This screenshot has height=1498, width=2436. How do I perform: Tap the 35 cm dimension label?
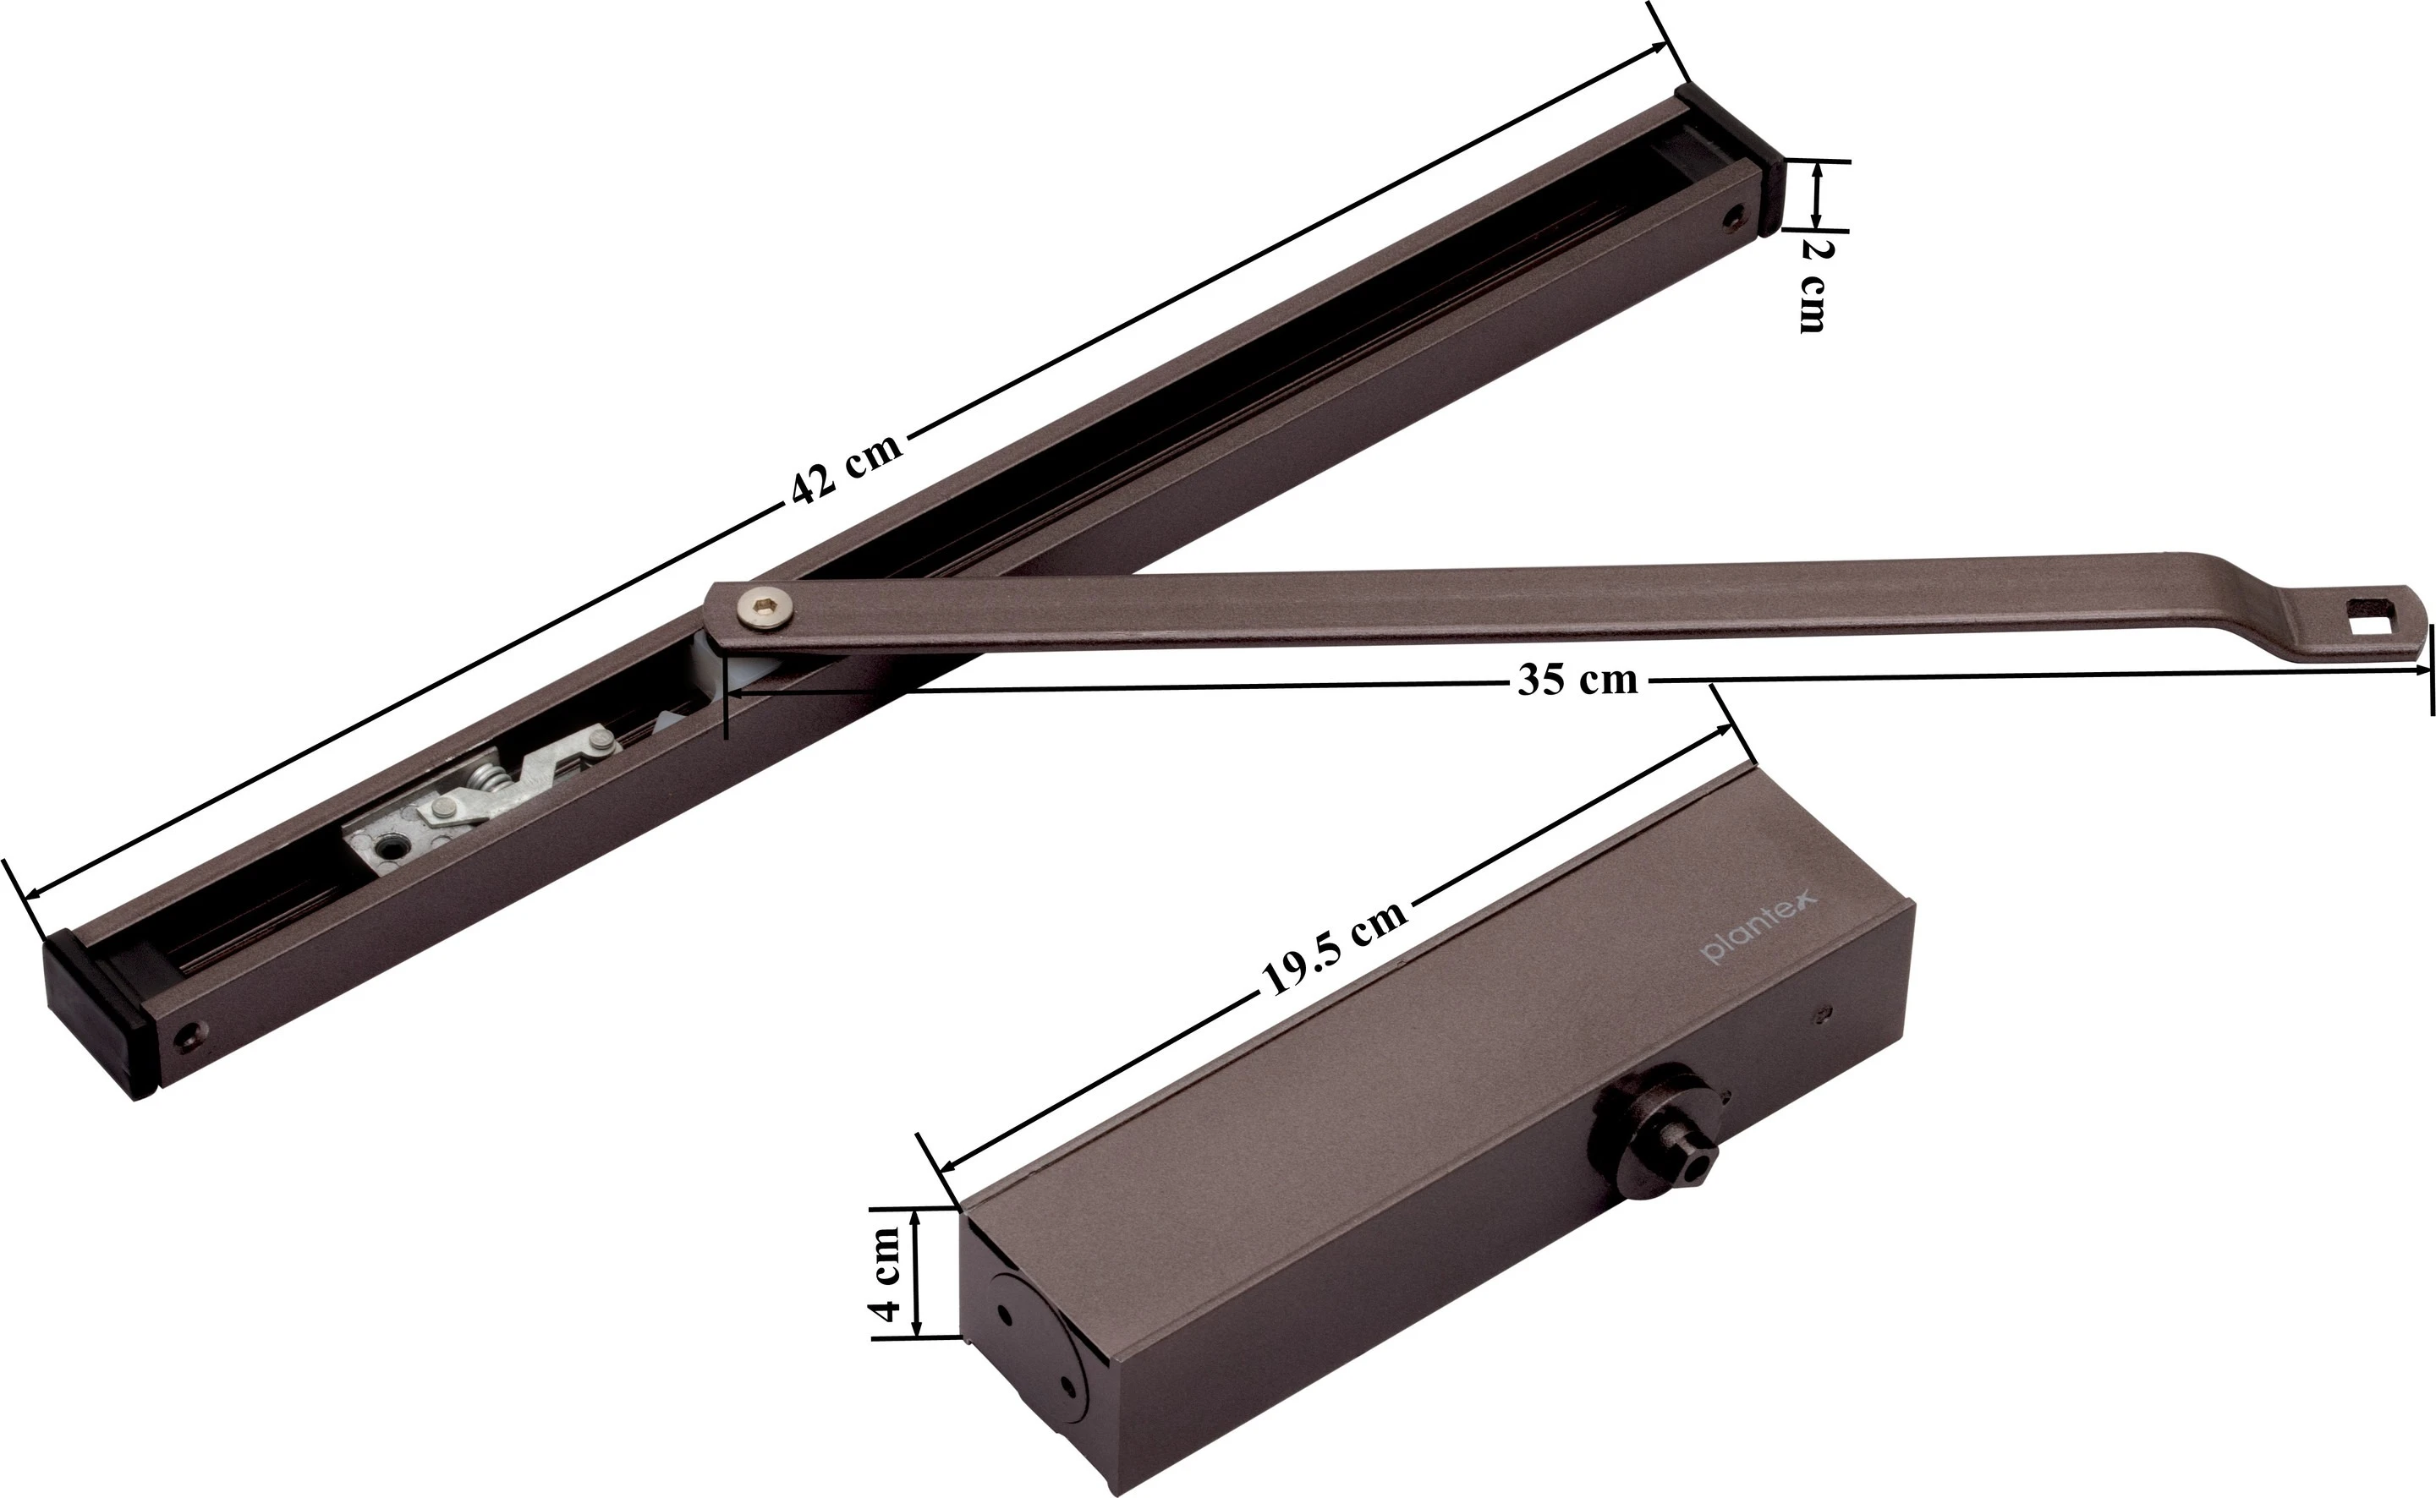(1577, 680)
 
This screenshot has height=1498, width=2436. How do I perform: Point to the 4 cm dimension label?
(886, 1274)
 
